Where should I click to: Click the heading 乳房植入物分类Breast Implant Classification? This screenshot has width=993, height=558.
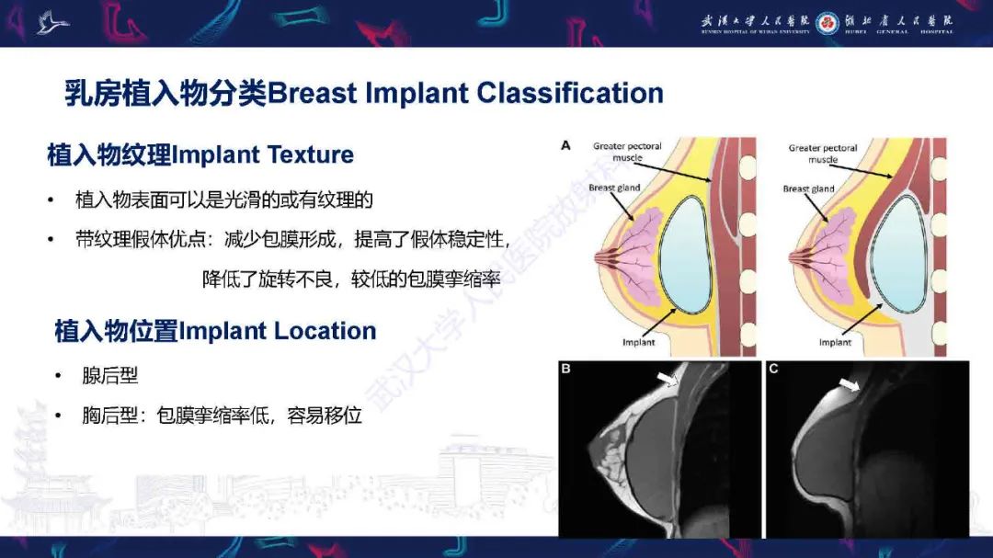point(363,93)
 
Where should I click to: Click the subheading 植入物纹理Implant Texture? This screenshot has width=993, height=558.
point(200,154)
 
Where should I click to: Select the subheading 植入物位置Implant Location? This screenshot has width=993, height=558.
point(215,331)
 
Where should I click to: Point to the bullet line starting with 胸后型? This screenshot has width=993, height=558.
point(222,416)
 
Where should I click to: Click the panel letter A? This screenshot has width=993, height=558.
point(565,144)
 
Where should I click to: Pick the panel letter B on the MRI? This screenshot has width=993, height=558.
point(566,370)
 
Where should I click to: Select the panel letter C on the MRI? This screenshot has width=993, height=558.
point(773,370)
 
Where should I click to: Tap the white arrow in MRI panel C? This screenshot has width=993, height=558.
point(849,384)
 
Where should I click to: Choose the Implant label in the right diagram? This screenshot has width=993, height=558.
point(836,342)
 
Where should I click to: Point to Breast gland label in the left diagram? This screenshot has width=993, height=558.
point(614,188)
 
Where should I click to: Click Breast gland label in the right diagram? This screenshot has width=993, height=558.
point(808,189)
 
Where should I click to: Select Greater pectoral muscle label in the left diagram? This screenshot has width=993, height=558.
point(628,152)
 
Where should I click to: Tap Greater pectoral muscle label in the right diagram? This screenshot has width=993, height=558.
point(823,154)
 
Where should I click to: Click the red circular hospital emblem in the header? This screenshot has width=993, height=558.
point(827,21)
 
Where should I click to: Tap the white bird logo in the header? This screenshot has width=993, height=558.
point(52,22)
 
